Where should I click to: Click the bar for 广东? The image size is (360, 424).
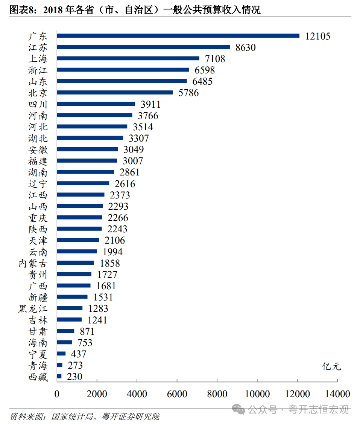coord(178,36)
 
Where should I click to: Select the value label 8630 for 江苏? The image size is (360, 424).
coord(245,47)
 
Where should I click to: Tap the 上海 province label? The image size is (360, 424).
coord(38,59)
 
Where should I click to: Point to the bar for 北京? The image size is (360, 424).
coord(115,93)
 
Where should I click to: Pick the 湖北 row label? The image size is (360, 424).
coord(38,138)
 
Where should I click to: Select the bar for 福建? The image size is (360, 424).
coord(87,161)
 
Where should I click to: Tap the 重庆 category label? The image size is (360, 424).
coord(38,218)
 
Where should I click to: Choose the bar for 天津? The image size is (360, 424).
coord(78,240)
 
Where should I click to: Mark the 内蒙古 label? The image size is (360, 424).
coord(33,263)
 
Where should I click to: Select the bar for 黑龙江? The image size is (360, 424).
coord(70,308)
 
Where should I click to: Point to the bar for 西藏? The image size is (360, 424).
coord(59,376)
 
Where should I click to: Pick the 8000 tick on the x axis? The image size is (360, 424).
coord(217,394)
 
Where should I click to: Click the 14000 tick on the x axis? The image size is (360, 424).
coord(337,394)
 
